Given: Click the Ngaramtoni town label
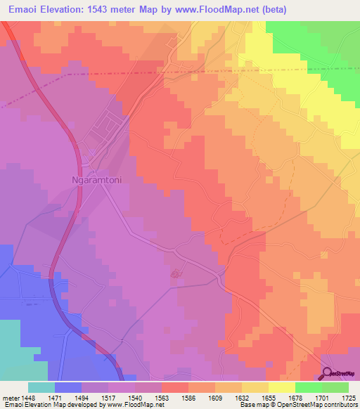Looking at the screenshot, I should coord(98,179).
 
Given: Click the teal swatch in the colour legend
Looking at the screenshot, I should coord(41,387).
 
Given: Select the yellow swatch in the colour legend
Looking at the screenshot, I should coord(282,387).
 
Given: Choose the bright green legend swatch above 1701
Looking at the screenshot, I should coord(309,387).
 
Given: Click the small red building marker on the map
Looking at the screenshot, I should coord(176,273).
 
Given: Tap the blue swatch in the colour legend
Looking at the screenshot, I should coord(68,387).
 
